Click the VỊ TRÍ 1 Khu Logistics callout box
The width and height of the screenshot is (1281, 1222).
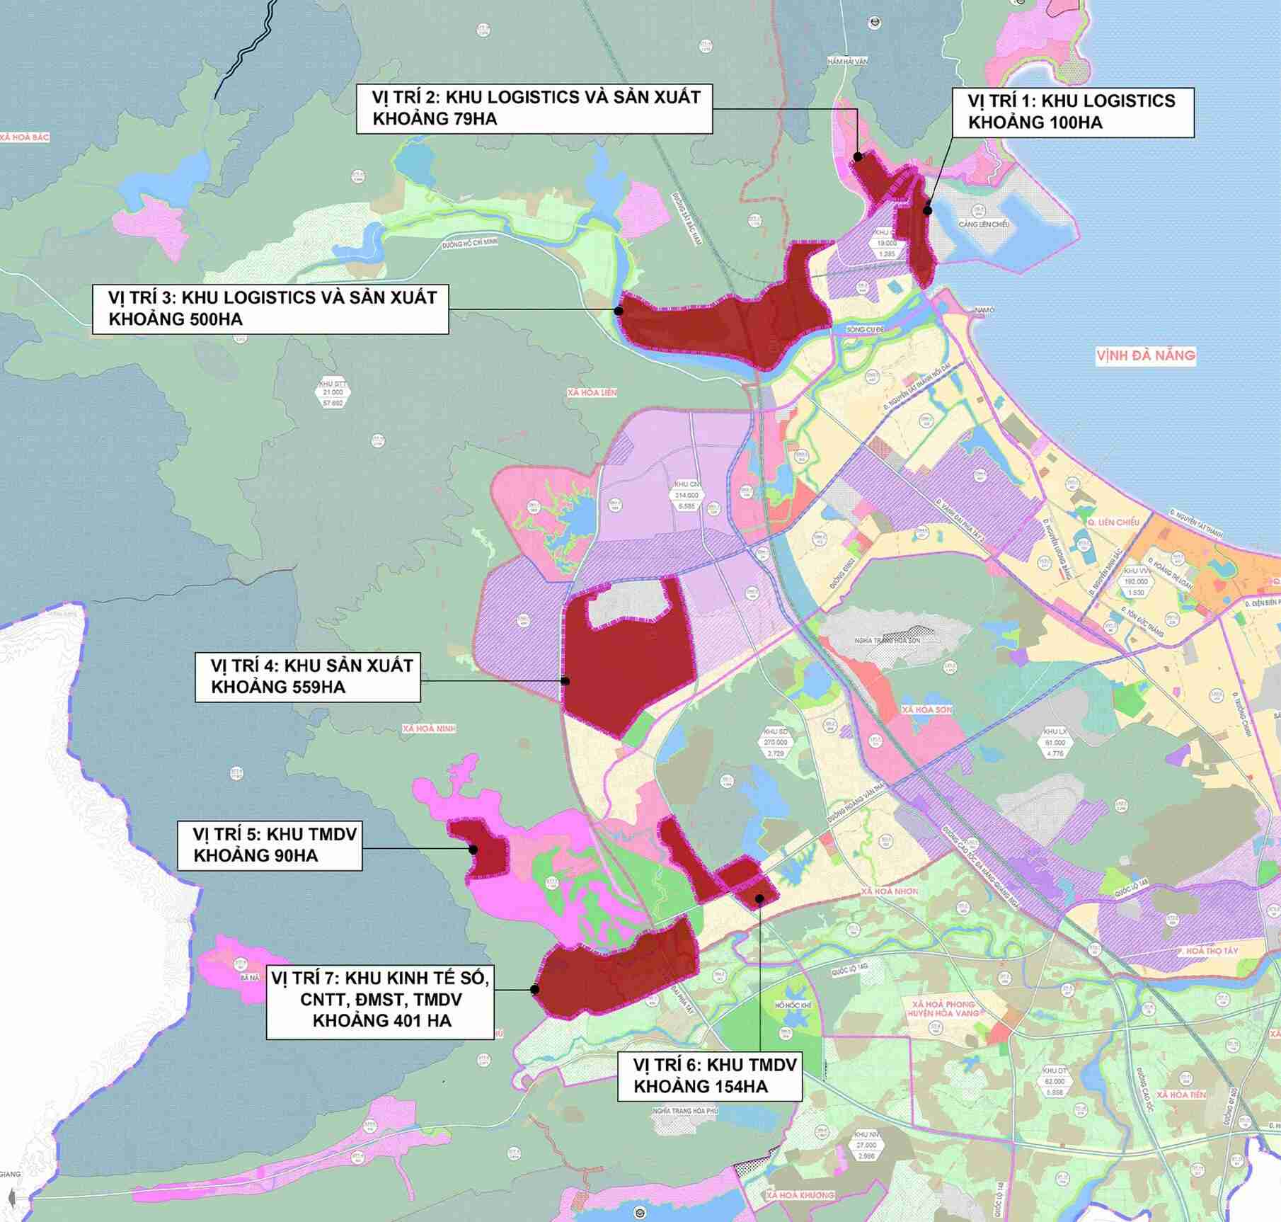click(1072, 112)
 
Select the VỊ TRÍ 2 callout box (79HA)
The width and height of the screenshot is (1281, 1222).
click(534, 108)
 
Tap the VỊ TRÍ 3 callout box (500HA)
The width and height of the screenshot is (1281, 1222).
click(270, 308)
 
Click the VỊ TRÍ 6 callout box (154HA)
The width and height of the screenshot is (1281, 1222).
click(709, 1075)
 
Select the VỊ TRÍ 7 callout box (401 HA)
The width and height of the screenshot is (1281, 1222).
click(380, 999)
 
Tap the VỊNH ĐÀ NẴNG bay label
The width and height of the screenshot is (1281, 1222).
click(1145, 355)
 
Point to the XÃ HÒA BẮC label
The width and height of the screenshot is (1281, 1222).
click(25, 137)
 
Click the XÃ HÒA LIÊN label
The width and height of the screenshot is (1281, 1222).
click(592, 392)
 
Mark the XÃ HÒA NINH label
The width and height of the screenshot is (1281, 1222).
click(429, 729)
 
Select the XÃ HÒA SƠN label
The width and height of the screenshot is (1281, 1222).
click(926, 709)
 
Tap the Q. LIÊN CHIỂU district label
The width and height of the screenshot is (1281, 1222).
click(1115, 522)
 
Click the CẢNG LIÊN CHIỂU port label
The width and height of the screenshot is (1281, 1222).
click(984, 224)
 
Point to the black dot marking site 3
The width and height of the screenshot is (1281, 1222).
click(618, 310)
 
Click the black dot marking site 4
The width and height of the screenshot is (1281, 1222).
click(565, 681)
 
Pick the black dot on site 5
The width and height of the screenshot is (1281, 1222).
click(473, 850)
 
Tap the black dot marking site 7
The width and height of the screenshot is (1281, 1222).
click(535, 990)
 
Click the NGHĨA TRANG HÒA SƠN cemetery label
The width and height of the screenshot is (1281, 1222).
click(887, 640)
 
